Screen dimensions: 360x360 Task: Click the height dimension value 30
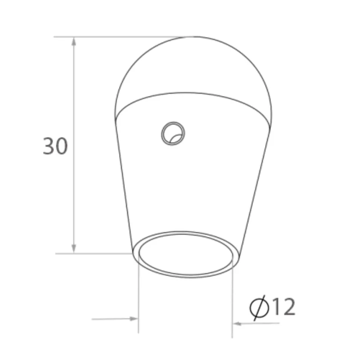pyautogui.click(x=55, y=147)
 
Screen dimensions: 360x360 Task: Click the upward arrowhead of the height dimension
pyautogui.click(x=74, y=41)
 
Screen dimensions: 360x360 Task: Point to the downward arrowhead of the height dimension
pyautogui.click(x=74, y=248)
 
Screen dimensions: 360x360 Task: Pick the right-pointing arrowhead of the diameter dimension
pyautogui.click(x=134, y=319)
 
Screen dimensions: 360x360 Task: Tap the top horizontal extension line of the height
pyautogui.click(x=112, y=36)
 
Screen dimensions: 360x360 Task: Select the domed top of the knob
pyautogui.click(x=193, y=67)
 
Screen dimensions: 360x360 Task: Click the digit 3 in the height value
pyautogui.click(x=49, y=147)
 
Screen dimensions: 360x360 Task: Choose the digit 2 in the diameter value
pyautogui.click(x=289, y=307)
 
